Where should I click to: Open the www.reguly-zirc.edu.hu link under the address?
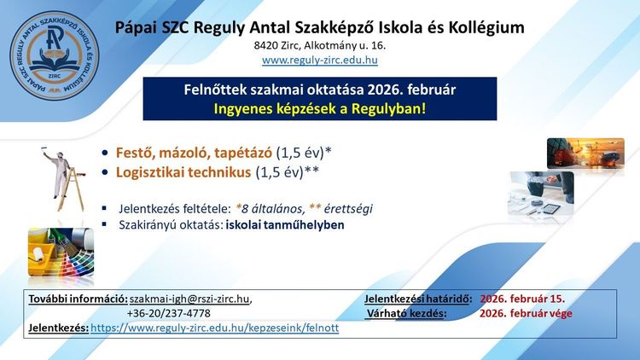(x=319, y=61)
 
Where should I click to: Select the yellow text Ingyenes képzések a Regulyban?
(x=319, y=108)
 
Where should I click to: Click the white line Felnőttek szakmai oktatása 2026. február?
(x=319, y=90)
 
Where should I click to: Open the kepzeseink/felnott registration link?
(x=214, y=328)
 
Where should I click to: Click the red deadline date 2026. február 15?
(x=522, y=299)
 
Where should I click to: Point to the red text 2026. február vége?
(x=526, y=313)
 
